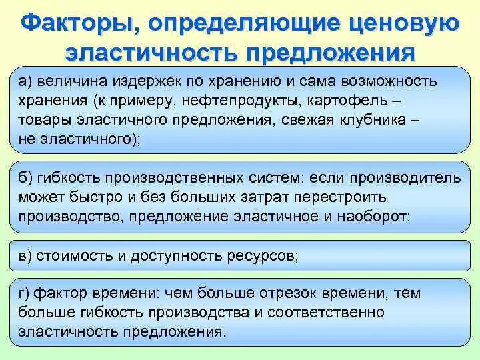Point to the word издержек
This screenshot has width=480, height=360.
pyautogui.click(x=149, y=82)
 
